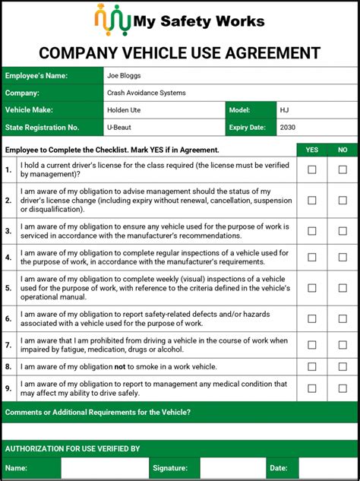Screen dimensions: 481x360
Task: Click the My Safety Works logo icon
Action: pyautogui.click(x=111, y=21)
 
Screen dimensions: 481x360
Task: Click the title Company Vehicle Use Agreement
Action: pyautogui.click(x=180, y=52)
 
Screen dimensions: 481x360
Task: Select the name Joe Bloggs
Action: pyautogui.click(x=124, y=76)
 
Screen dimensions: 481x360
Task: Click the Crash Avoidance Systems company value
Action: pyautogui.click(x=146, y=93)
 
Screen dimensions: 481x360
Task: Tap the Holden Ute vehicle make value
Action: pyautogui.click(x=125, y=110)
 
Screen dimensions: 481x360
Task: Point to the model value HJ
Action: pyautogui.click(x=284, y=110)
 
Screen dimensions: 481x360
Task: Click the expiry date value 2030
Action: pyautogui.click(x=288, y=127)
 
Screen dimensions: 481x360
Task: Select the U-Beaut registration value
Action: pyautogui.click(x=120, y=127)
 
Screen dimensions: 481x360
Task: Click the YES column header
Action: pyautogui.click(x=311, y=150)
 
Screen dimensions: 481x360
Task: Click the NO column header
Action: pyautogui.click(x=343, y=150)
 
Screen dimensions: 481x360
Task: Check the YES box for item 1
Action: pyautogui.click(x=311, y=170)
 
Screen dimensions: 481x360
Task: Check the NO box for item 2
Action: pyautogui.click(x=343, y=200)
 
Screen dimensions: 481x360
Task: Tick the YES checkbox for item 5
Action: pyautogui.click(x=311, y=288)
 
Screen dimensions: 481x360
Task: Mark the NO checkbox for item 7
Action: pyautogui.click(x=343, y=345)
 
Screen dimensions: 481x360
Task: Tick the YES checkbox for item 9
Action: pyautogui.click(x=311, y=389)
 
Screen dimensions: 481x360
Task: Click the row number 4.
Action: pyautogui.click(x=8, y=258)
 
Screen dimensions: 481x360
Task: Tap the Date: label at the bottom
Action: pyautogui.click(x=278, y=468)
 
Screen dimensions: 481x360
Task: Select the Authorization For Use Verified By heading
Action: pyautogui.click(x=73, y=448)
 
